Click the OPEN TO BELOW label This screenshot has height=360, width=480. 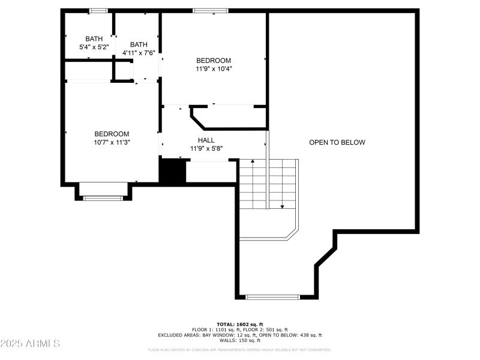point(337,142)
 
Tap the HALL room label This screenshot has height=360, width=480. point(206,140)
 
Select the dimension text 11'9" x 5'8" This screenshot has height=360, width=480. point(206,148)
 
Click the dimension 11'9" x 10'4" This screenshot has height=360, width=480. point(214,68)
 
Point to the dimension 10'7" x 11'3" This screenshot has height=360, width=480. point(112,142)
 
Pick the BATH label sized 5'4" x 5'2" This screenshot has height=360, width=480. point(94,38)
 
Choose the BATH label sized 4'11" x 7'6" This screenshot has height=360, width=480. point(139,44)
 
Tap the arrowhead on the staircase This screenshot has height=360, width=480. point(282,206)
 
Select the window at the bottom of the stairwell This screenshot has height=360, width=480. point(273,296)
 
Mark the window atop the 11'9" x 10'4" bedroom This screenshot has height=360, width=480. point(211,10)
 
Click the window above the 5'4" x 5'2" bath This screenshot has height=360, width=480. point(98,10)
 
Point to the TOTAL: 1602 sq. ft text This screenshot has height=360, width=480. point(240,324)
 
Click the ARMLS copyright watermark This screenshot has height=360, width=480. point(30,344)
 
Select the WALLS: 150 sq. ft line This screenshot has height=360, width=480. point(240,340)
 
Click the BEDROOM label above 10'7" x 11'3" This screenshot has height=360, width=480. point(112,134)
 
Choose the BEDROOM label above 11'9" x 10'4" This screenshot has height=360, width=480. point(214,61)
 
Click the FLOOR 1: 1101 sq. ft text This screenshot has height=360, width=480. point(215,329)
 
